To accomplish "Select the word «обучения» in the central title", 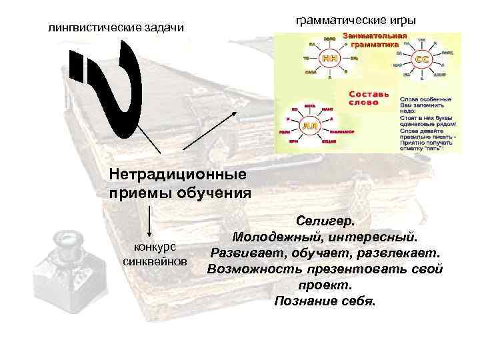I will point(214,193).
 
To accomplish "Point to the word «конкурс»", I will point(155,246).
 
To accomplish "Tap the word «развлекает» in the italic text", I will point(405,253).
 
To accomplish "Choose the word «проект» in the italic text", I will point(325,285).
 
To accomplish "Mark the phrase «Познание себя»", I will point(325,301).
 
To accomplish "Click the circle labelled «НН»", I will point(329,58).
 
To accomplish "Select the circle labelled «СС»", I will point(422,59).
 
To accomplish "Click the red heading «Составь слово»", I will point(365,98).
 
